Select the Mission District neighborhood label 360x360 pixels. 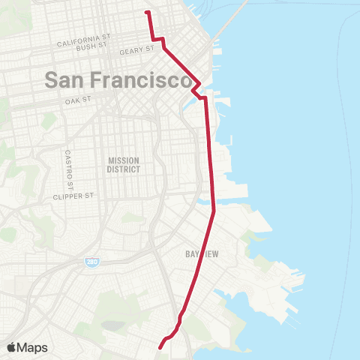(124, 164)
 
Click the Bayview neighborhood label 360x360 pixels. (202, 254)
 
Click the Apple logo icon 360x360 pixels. (13, 347)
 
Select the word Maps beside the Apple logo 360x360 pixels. (34, 347)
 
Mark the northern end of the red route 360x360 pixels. (147, 12)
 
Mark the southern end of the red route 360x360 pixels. (160, 346)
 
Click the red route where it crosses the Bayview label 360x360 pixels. (202, 254)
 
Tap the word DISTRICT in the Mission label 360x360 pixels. (124, 169)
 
